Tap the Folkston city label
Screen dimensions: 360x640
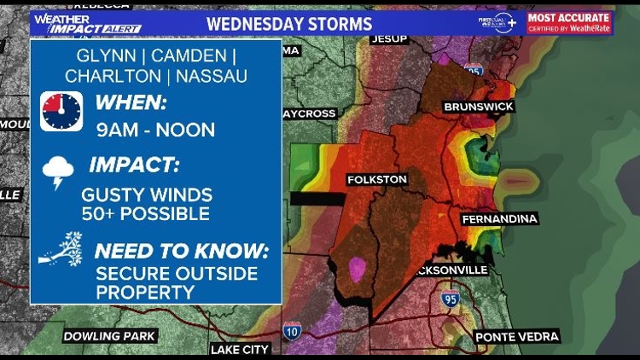pyautogui.click(x=376, y=179)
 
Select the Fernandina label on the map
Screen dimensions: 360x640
pyautogui.click(x=500, y=219)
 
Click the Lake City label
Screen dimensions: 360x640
pyautogui.click(x=239, y=349)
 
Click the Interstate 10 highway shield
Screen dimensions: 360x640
pyautogui.click(x=291, y=329)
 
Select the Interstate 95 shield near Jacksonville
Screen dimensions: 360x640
pyautogui.click(x=450, y=298)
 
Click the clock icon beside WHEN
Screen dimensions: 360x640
pyautogui.click(x=61, y=112)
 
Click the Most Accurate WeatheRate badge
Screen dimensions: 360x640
pyautogui.click(x=569, y=22)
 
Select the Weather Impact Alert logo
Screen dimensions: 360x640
pyautogui.click(x=86, y=22)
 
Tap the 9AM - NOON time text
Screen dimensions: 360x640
pyautogui.click(x=155, y=131)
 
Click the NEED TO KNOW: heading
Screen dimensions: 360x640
pyautogui.click(x=181, y=252)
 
